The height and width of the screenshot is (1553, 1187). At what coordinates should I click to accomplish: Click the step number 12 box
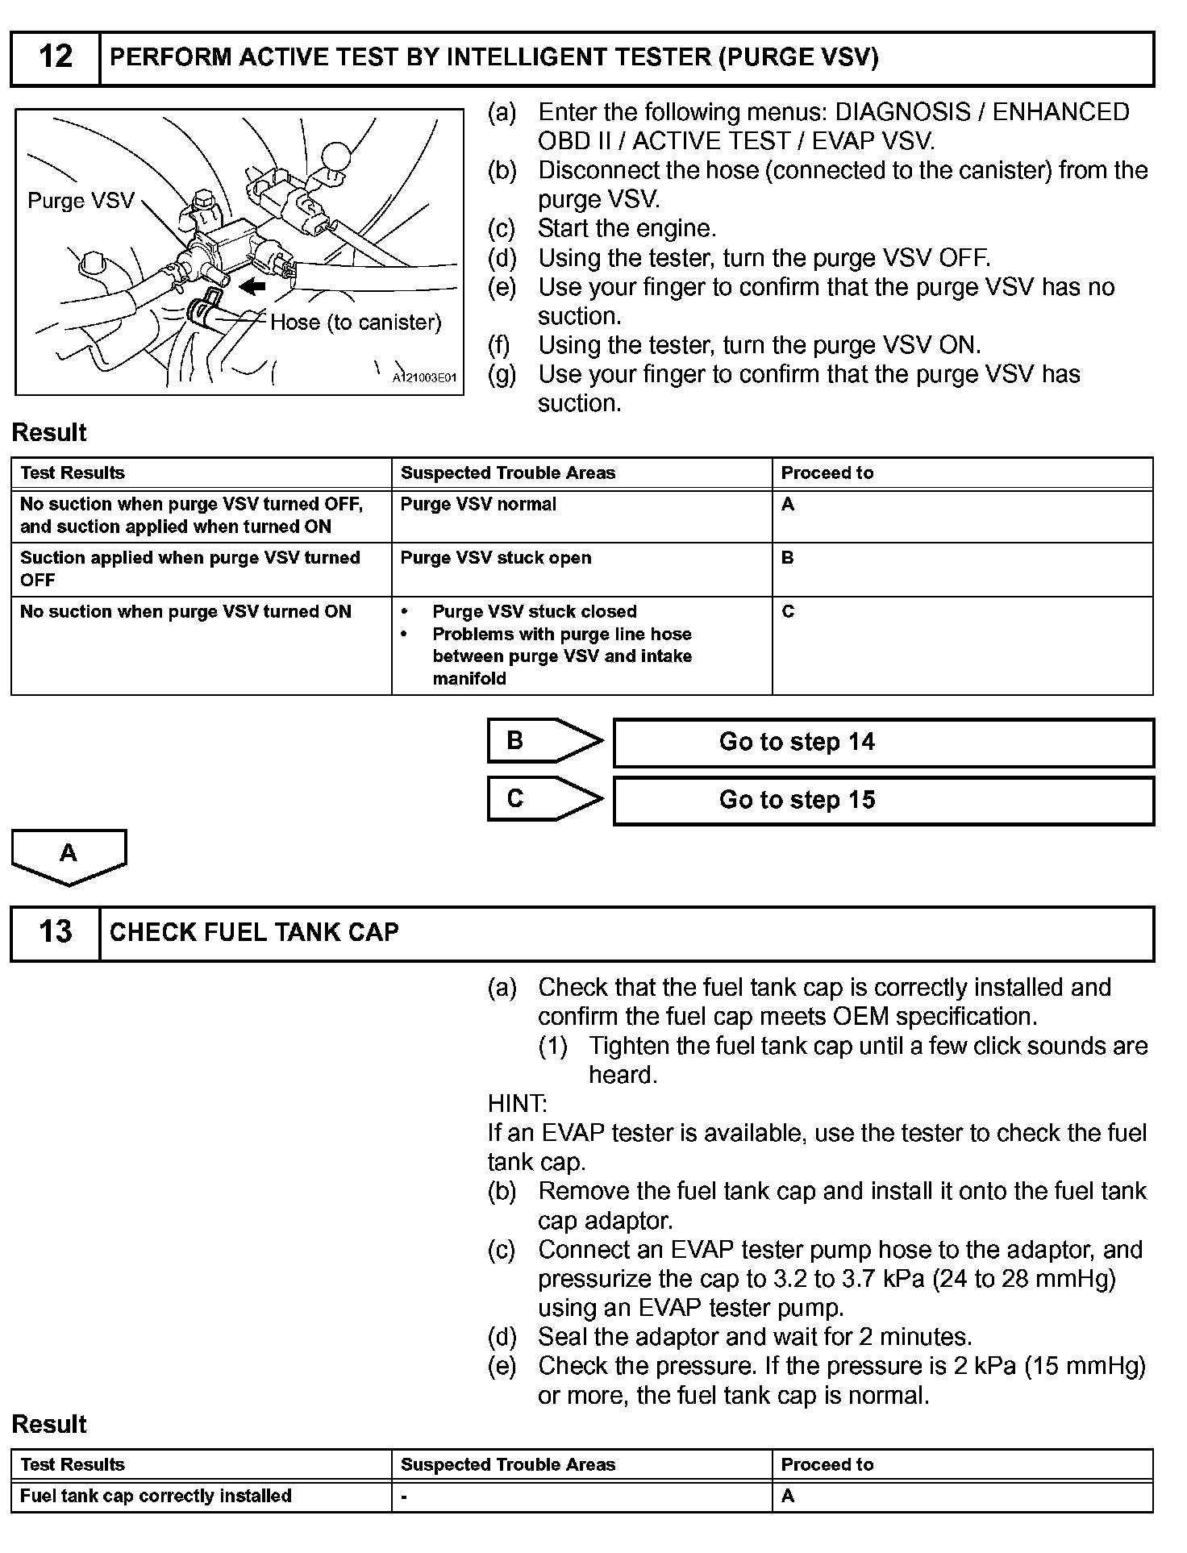56,58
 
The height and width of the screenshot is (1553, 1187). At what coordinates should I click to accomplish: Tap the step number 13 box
56,933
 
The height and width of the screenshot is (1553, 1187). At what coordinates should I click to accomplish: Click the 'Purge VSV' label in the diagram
81,201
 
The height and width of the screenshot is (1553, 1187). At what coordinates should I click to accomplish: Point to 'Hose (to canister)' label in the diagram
356,323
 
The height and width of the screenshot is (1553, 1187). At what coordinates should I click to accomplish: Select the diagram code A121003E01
424,378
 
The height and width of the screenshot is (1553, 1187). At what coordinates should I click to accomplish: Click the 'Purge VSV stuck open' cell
496,558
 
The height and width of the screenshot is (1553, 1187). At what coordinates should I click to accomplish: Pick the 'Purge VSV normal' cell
478,505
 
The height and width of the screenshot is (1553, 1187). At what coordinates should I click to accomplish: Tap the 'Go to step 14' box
883,743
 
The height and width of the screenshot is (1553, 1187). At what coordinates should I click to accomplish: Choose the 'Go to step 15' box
883,801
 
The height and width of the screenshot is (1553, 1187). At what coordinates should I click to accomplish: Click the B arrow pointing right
545,740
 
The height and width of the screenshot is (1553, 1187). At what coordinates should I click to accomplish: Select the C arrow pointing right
545,798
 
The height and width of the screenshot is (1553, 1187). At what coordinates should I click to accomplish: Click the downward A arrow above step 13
69,856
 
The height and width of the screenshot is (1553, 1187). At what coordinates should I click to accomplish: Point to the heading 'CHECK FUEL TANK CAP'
254,933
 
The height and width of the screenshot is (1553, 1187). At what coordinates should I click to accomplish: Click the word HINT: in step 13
517,1104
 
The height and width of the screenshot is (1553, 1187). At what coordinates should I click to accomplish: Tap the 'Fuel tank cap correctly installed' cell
156,1496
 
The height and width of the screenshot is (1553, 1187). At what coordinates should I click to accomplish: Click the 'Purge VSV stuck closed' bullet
534,612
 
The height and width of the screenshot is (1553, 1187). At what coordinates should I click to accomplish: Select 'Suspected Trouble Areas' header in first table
508,473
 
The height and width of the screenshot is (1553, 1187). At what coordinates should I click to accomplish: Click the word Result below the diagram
49,433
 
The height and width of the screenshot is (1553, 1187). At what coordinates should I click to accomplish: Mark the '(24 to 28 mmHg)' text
1023,1279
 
